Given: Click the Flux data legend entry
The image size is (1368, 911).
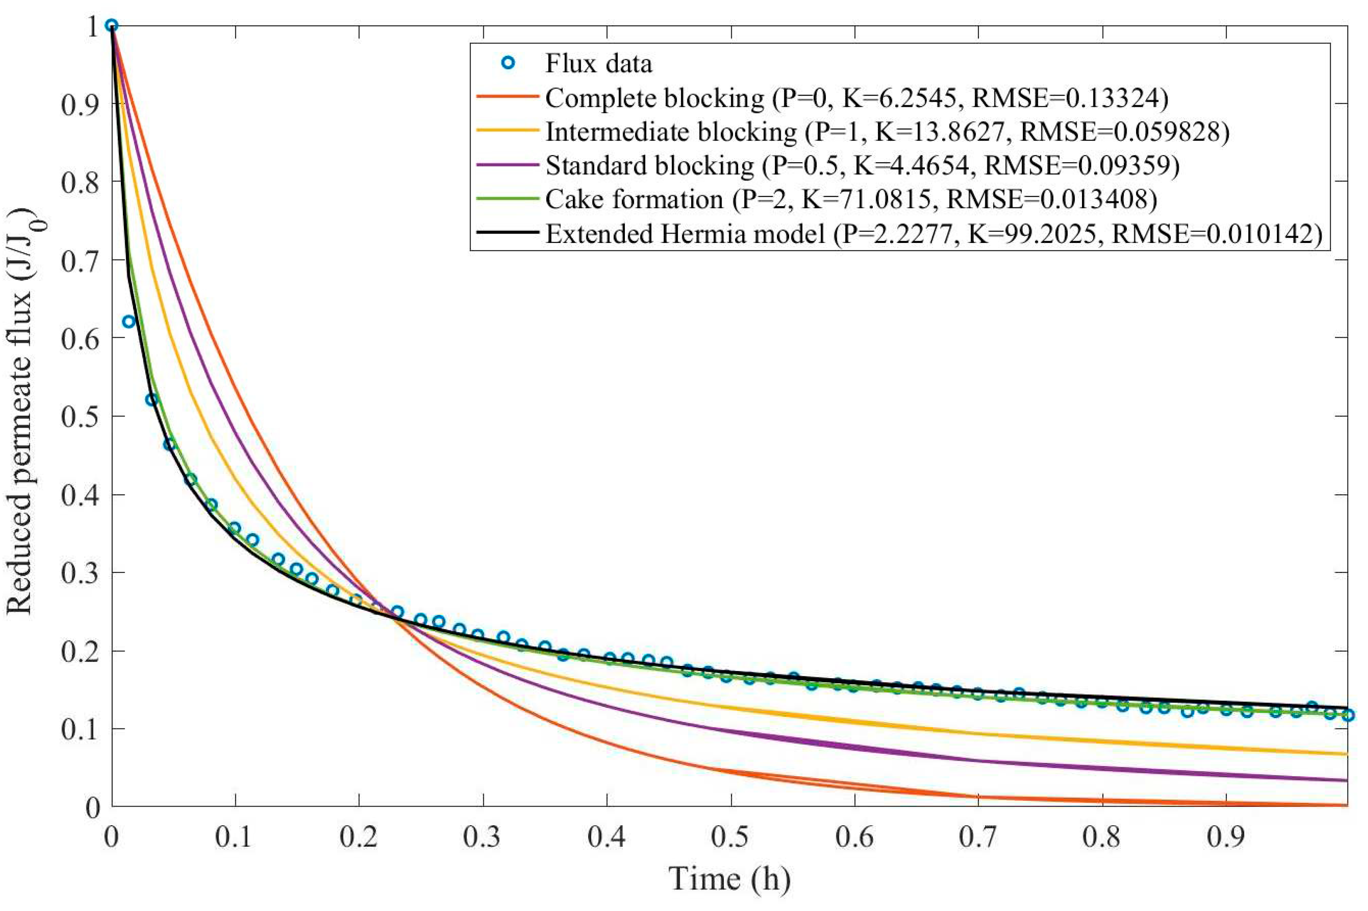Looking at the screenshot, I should pyautogui.click(x=598, y=63).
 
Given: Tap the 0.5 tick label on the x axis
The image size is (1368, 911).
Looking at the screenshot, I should pyautogui.click(x=730, y=837).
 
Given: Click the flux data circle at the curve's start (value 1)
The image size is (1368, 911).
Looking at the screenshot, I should pyautogui.click(x=112, y=25).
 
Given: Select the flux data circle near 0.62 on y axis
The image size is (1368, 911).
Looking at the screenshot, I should pyautogui.click(x=128, y=321).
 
